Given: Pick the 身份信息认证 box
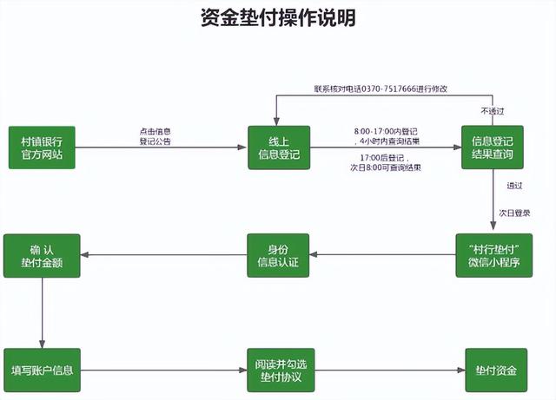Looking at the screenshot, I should pos(278,255).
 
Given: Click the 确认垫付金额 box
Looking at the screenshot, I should pos(42,255).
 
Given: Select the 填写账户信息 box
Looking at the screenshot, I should pos(42,370).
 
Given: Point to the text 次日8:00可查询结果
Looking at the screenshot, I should pos(383,167).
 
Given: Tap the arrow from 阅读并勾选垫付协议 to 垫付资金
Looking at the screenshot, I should pos(388,370).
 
